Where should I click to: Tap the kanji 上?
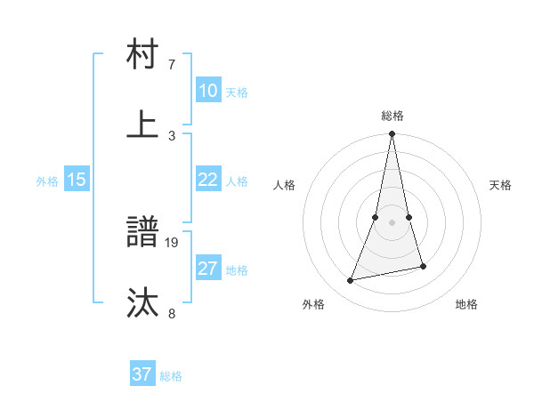(143, 125)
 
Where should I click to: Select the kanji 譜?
(143, 233)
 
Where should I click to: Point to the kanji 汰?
(143, 303)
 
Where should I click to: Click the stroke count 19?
(173, 242)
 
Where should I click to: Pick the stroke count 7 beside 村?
(172, 65)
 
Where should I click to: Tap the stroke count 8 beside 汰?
(172, 313)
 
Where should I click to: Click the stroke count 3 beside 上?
(172, 135)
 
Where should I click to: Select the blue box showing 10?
(207, 91)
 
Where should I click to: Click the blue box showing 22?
(207, 180)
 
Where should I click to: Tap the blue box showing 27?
(207, 269)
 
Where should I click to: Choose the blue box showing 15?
(77, 180)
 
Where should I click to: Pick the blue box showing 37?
(142, 374)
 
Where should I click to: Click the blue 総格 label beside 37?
(171, 376)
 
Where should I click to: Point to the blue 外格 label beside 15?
(47, 181)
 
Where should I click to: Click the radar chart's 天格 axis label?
(501, 185)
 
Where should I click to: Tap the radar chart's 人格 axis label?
(285, 185)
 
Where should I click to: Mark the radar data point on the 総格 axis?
(392, 134)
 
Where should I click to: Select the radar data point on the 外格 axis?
(351, 281)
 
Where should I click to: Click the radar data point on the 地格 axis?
(423, 266)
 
